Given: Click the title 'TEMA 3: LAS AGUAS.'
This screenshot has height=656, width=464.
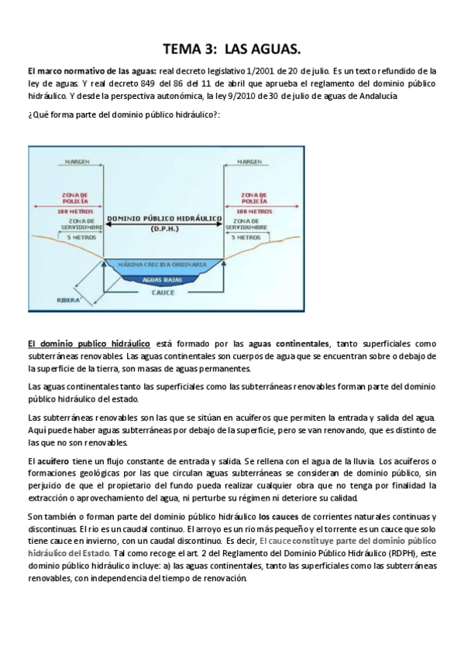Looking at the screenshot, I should tap(232, 50).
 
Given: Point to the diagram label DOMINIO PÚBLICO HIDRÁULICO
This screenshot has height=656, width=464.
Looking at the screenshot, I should tap(163, 220).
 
